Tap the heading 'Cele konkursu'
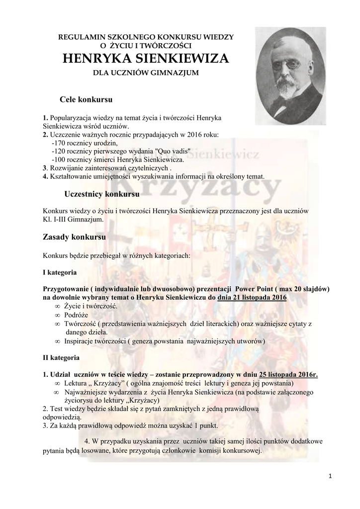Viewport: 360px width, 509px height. [86, 99]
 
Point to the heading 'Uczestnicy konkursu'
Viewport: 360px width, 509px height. [102, 193]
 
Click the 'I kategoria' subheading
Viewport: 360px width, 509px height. [60, 273]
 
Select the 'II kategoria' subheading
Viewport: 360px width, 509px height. [61, 357]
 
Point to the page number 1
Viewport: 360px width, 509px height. [330, 476]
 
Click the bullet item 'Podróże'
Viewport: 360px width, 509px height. [77, 315]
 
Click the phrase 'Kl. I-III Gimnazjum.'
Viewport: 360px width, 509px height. [73, 219]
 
